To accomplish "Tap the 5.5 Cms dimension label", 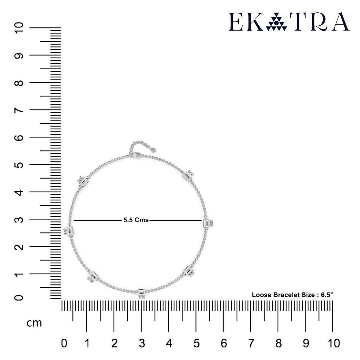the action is tap(136, 220).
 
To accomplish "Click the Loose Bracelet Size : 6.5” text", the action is tap(292, 295).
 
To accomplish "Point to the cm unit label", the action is tap(34, 323).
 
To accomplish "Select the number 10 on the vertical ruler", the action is tap(19, 28).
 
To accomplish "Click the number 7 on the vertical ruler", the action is tap(19, 110).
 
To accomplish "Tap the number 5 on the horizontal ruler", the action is tap(196, 343).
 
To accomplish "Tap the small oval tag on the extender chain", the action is tap(153, 150).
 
